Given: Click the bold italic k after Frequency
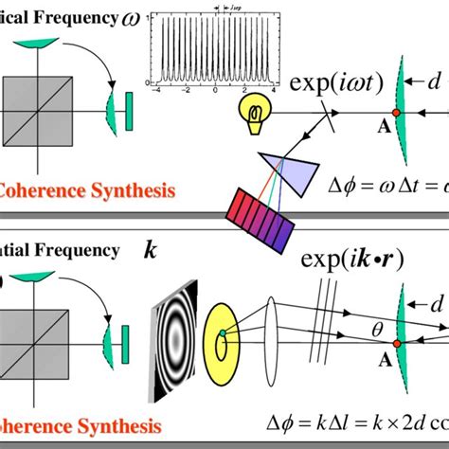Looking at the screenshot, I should [x=150, y=250].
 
